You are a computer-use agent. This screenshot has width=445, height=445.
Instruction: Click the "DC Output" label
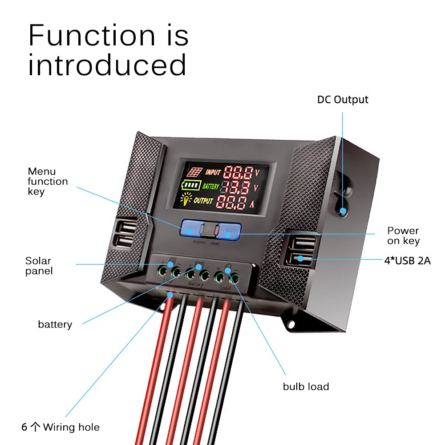click(343, 99)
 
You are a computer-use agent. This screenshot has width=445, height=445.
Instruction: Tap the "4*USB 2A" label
click(407, 260)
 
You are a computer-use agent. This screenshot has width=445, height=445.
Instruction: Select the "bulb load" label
click(306, 386)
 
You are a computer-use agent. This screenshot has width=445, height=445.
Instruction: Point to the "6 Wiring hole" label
click(61, 427)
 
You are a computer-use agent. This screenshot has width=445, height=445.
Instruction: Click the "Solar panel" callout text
click(39, 266)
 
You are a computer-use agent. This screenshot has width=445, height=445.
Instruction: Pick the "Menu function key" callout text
click(48, 181)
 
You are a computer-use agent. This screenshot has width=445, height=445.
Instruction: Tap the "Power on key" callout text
click(403, 236)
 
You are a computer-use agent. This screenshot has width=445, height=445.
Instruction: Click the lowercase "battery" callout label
click(55, 324)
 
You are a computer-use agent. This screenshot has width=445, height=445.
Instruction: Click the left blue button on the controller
click(190, 229)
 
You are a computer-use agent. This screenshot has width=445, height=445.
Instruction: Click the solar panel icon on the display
click(194, 172)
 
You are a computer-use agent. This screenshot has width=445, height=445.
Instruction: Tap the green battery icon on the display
click(191, 186)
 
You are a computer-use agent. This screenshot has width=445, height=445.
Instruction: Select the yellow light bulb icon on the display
click(186, 200)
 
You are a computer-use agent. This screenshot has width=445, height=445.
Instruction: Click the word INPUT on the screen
click(213, 172)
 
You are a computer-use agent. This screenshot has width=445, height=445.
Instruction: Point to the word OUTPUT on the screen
click(203, 201)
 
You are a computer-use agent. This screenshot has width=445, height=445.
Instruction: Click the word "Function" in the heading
click(92, 36)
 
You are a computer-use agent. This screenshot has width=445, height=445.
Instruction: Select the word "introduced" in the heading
click(107, 65)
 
